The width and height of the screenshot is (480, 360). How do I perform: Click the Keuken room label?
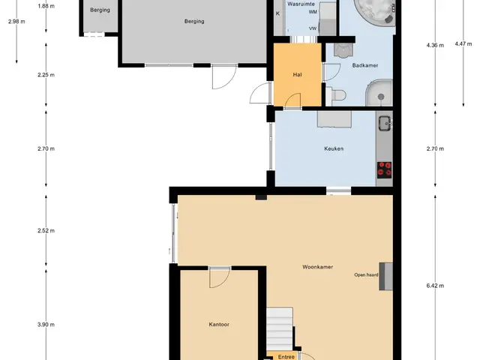click(x=334, y=148)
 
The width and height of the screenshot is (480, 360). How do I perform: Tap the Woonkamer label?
click(x=317, y=267)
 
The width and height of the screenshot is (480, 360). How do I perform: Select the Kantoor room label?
click(x=219, y=325)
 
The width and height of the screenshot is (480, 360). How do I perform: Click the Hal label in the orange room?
click(x=297, y=75)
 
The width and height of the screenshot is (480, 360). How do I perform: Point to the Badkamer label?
click(x=365, y=65)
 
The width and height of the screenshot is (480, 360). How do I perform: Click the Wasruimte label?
click(x=301, y=4)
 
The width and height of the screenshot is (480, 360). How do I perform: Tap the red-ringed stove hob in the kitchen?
click(x=384, y=170)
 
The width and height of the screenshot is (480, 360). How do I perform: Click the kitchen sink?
click(x=385, y=123)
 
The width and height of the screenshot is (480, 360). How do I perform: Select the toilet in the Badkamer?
click(x=336, y=95)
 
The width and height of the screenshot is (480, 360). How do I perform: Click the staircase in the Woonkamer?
click(x=280, y=329)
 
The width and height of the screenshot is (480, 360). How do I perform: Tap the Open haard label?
click(x=366, y=275)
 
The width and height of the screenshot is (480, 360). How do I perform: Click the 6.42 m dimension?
click(x=435, y=286)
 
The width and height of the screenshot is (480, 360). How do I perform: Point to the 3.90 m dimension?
click(x=46, y=325)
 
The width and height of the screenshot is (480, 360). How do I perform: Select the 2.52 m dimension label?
click(x=46, y=231)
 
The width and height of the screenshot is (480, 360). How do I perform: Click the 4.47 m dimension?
click(x=463, y=43)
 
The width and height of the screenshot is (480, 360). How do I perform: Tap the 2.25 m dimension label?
click(x=46, y=75)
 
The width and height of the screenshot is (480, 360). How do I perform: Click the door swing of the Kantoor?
click(x=220, y=278)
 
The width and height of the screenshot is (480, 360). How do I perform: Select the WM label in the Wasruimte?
click(x=313, y=12)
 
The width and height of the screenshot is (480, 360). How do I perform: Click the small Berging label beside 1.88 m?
click(x=100, y=10)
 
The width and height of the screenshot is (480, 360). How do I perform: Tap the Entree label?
click(x=286, y=357)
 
